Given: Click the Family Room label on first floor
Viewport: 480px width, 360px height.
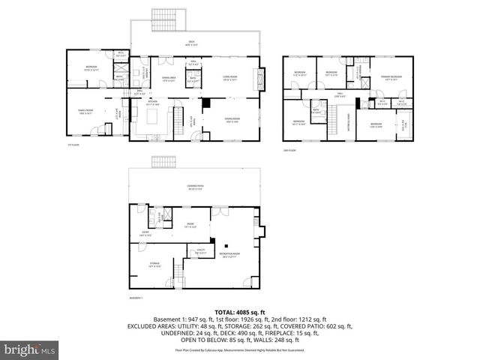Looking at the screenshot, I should click(x=85, y=112).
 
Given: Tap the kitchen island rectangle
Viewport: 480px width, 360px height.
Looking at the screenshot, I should click(x=158, y=118).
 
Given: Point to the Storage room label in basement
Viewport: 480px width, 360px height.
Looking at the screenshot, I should click(x=154, y=265).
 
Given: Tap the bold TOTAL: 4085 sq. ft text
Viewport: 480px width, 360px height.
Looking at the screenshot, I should click(x=240, y=312).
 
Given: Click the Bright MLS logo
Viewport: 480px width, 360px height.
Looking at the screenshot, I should click(x=29, y=349).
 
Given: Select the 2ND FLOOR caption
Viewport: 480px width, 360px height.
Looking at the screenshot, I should click(x=289, y=150).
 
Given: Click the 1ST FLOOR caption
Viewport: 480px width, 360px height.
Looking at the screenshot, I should click(x=73, y=145).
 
